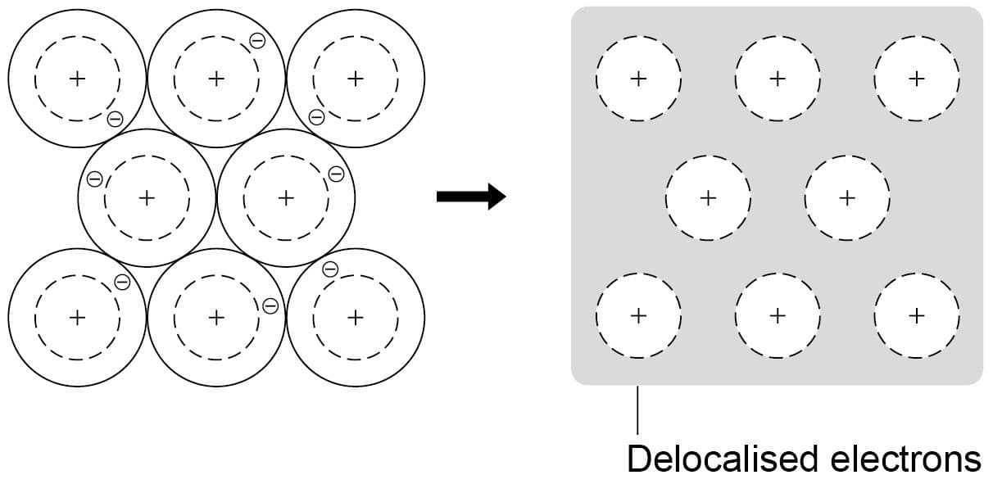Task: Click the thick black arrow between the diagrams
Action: [470, 197]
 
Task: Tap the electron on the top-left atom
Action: [116, 120]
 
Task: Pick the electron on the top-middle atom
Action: [256, 41]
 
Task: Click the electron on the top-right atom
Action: [316, 118]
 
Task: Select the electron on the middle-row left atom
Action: [95, 179]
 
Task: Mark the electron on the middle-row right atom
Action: [335, 174]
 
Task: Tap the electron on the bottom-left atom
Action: [122, 282]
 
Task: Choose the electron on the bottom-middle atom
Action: [270, 306]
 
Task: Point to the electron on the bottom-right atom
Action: [330, 269]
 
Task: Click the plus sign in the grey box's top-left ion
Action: [638, 79]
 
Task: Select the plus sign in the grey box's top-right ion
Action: [917, 79]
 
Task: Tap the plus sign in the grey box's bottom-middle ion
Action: [778, 314]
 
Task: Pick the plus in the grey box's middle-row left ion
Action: [709, 197]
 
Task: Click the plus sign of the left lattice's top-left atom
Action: [77, 79]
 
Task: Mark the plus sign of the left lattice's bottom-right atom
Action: [355, 316]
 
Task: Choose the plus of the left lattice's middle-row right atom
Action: [286, 197]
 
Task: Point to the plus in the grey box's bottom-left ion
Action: [638, 314]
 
